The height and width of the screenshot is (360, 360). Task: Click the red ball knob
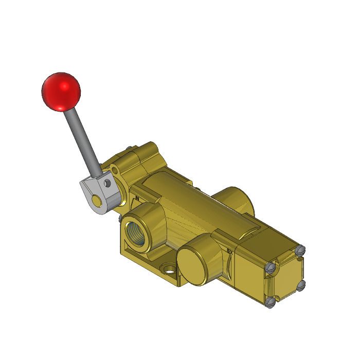pos(61,91)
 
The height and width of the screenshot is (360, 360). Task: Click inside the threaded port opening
pos(142,228)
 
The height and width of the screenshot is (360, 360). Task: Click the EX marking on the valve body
pos(228,250)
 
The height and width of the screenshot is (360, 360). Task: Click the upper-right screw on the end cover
pos(301,250)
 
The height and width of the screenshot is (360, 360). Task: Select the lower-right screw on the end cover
pos(302,284)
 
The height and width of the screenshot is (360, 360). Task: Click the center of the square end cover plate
pos(286,277)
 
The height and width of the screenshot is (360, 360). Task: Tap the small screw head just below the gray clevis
pos(120,220)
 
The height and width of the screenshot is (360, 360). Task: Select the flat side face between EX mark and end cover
pos(249,273)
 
